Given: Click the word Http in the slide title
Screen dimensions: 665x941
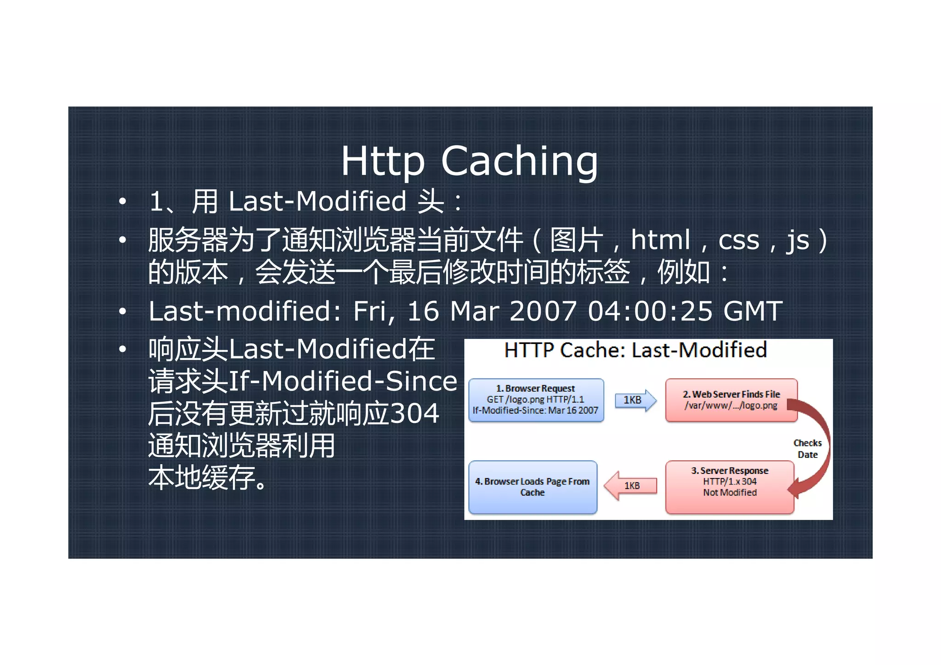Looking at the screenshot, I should [x=382, y=161].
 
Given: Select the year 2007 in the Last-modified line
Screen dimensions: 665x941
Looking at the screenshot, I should [x=543, y=311].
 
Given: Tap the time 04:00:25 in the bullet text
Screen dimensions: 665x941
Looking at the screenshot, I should [x=650, y=311].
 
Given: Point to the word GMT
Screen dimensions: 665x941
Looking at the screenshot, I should [x=752, y=311].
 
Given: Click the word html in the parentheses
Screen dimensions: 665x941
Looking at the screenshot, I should [x=660, y=240].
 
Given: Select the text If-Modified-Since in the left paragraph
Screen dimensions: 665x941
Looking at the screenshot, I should [x=343, y=381].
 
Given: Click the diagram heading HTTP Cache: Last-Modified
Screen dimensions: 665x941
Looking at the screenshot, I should [x=635, y=350].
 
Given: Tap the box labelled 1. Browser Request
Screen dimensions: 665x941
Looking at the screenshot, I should [x=536, y=400].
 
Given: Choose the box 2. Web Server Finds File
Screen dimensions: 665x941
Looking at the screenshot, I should [x=731, y=400].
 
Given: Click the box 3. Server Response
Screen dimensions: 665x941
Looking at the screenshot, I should [x=730, y=487].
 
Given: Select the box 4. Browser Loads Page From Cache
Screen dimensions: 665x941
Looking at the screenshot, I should [x=533, y=487].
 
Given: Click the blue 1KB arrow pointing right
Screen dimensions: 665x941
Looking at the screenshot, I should [x=635, y=400].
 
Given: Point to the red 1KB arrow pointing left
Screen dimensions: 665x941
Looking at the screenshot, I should [x=630, y=485].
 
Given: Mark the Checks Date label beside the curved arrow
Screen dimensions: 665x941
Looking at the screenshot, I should [x=807, y=449].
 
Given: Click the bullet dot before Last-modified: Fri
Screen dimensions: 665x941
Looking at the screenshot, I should [x=122, y=312].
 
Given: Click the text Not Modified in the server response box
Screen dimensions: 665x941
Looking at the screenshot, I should [x=730, y=492].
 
